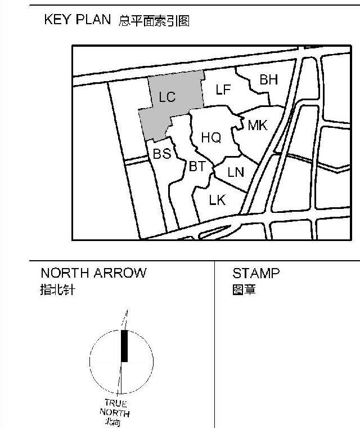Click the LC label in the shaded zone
coord(167,97)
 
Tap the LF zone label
coord(223,90)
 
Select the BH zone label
coord(269,79)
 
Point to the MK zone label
coord(258,125)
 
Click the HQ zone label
coord(211,137)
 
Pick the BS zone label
coord(162,153)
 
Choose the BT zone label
coord(197,166)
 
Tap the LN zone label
coord(236,172)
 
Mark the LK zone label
coord(217,199)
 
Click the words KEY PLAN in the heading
coord(78,20)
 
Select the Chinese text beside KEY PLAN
coord(154,21)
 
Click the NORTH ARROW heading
coord(93,273)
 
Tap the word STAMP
coord(256,274)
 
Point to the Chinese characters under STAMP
coord(244,291)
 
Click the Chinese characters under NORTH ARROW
coord(57,291)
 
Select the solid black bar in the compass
coord(124,346)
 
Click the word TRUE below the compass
coord(116,403)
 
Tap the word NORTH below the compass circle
coord(115,413)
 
